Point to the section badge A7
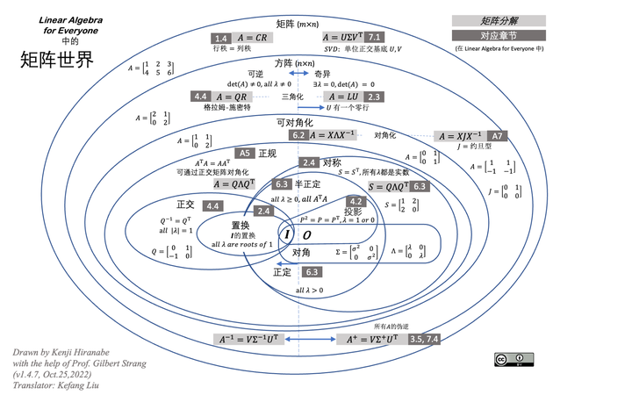pyautogui.click(x=498, y=137)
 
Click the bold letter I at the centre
pyautogui.click(x=286, y=235)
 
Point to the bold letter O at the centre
pyautogui.click(x=306, y=235)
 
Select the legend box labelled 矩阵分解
pyautogui.click(x=499, y=20)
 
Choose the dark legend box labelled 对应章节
pyautogui.click(x=499, y=36)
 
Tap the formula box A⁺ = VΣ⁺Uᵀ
pyautogui.click(x=371, y=339)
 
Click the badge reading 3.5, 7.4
pyautogui.click(x=425, y=339)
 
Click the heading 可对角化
pyautogui.click(x=294, y=123)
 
